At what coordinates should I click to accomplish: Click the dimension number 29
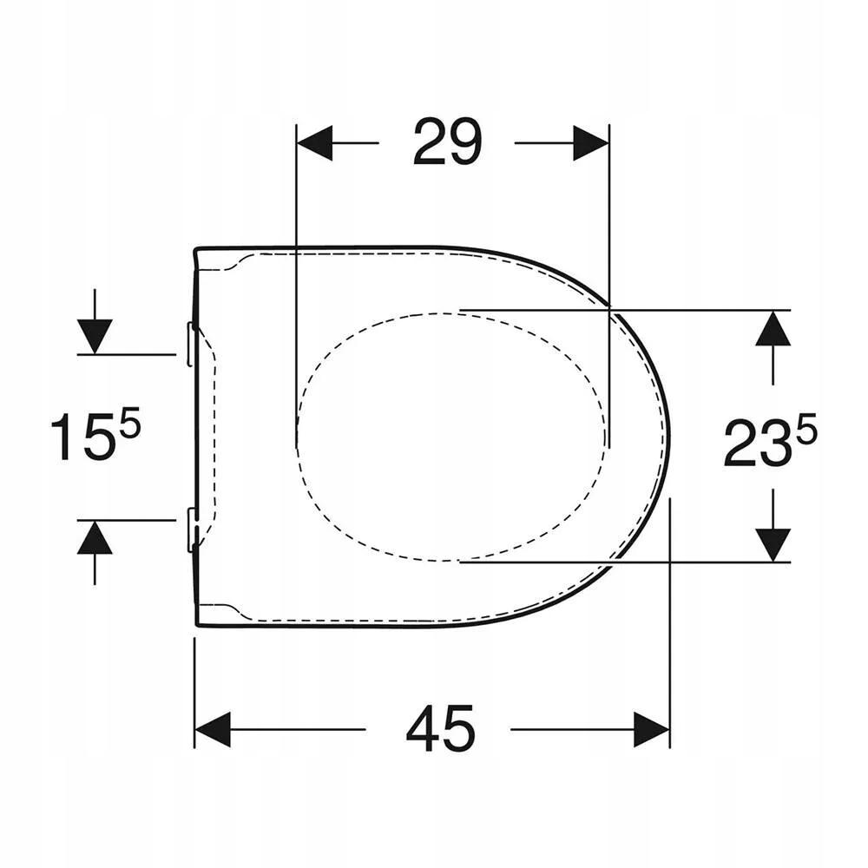click(447, 142)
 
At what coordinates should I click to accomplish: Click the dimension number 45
click(441, 729)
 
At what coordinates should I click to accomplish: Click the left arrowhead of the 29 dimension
click(314, 143)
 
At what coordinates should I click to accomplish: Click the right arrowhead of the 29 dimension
click(590, 143)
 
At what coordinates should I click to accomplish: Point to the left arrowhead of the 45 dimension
click(213, 729)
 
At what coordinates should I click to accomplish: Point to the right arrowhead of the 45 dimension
click(652, 729)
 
